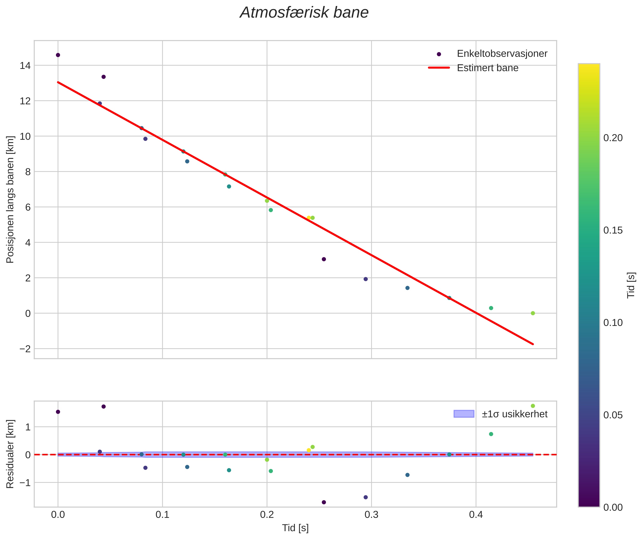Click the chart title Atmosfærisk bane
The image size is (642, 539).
(304, 13)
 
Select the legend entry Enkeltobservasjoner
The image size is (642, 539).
(501, 54)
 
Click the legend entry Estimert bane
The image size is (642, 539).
(488, 68)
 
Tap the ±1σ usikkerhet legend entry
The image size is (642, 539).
(514, 414)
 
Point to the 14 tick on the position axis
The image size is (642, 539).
(25, 65)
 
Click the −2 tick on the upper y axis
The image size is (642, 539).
(25, 349)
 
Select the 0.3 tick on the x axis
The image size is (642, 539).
(371, 515)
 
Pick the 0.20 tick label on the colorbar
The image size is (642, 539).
(613, 138)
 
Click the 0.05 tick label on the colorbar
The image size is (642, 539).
(613, 415)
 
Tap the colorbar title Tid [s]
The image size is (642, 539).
(631, 285)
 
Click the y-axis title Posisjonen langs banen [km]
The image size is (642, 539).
(10, 199)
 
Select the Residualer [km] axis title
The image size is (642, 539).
(10, 454)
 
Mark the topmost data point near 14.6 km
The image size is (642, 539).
(58, 55)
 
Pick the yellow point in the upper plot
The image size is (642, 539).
(309, 218)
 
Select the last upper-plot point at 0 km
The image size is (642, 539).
(533, 313)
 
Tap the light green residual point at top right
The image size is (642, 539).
(533, 406)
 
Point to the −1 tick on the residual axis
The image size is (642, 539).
(25, 483)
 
